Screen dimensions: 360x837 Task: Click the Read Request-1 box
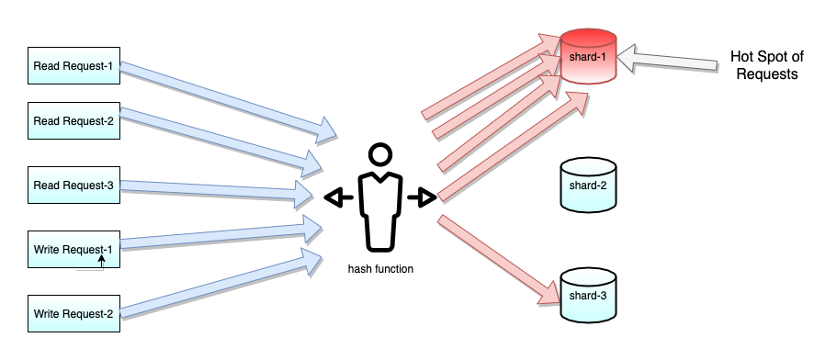(x=74, y=66)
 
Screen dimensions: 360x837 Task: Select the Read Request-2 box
(x=74, y=120)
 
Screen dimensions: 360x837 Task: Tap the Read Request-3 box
(x=74, y=186)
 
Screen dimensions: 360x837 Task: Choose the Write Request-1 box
(x=74, y=249)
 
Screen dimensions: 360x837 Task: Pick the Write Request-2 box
(x=74, y=314)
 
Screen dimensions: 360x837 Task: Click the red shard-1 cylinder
(x=588, y=57)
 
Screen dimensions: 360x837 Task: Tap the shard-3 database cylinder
(x=588, y=295)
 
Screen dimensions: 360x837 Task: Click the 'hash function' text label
(x=380, y=269)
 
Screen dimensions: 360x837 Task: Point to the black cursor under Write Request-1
(x=101, y=264)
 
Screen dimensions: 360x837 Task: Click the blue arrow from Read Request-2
(x=221, y=139)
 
